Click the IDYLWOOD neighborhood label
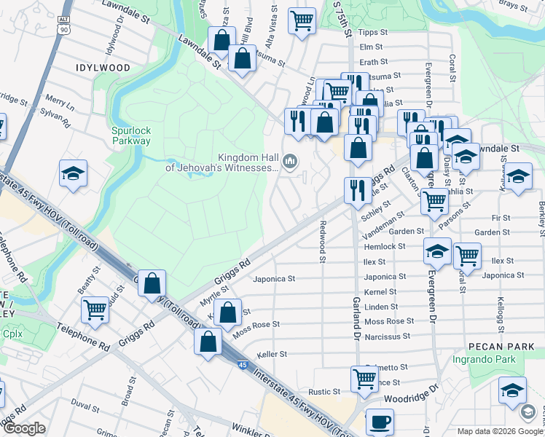(103, 68)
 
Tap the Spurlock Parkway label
(131, 136)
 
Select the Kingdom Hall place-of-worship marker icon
(291, 160)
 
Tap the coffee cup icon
(379, 421)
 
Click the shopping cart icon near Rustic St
(364, 377)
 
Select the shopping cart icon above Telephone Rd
(95, 309)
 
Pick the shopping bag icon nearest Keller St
(208, 341)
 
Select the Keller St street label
(271, 355)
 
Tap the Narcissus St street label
(387, 336)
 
